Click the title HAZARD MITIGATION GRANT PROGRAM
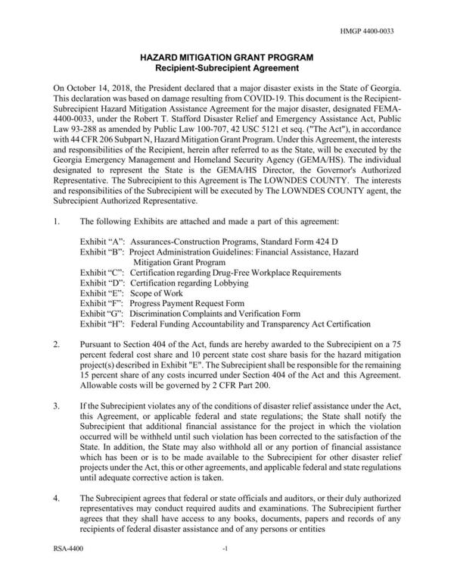click(x=226, y=58)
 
